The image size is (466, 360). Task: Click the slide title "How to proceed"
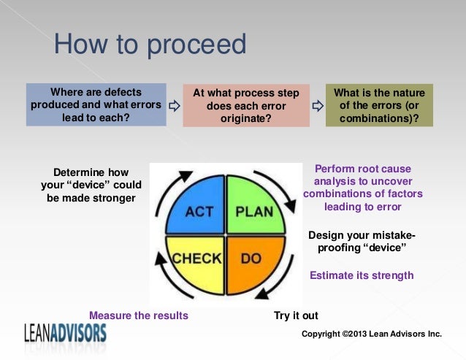click(x=150, y=45)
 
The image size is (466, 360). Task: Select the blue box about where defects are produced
click(x=95, y=104)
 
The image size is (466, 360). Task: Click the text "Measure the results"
click(x=138, y=315)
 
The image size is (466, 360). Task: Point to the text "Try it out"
click(x=296, y=315)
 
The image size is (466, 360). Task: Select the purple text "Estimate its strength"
click(x=362, y=275)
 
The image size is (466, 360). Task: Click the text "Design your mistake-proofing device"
click(x=362, y=242)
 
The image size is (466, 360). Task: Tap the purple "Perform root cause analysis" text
click(x=362, y=188)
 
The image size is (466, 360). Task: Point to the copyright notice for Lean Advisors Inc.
click(x=372, y=334)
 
